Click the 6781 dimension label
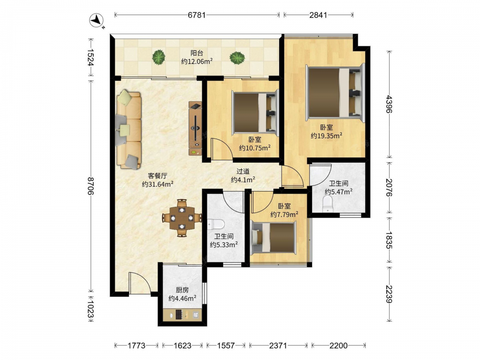196,15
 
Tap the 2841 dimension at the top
318,15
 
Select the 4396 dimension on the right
388,104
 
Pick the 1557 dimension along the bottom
226,346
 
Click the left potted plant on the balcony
159,57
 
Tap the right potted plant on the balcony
237,57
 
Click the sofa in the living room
129,130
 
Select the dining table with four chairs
182,218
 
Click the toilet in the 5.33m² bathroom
216,225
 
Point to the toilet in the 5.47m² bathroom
328,204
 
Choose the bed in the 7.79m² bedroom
274,238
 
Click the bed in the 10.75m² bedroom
255,112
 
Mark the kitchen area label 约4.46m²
182,298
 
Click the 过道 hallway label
243,172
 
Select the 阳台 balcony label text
197,53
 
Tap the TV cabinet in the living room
195,128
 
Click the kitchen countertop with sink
182,315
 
